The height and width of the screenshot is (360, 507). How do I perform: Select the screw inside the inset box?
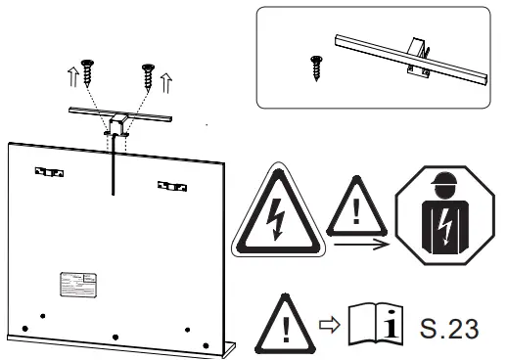pyautogui.click(x=315, y=67)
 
